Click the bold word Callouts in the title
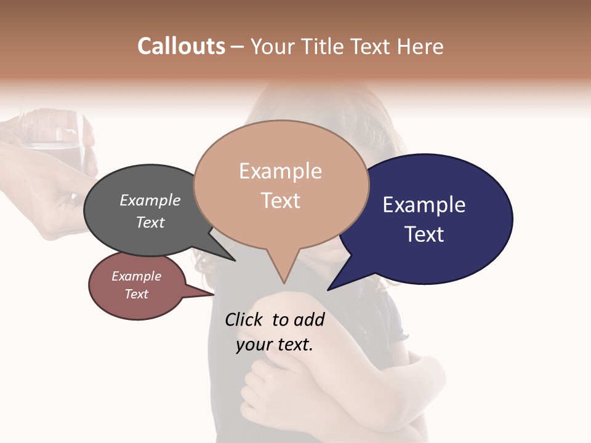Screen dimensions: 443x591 pyautogui.click(x=181, y=46)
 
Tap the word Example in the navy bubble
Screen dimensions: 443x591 pyautogui.click(x=424, y=204)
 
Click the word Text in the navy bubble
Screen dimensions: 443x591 pyautogui.click(x=424, y=234)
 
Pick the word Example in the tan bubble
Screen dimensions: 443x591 pyautogui.click(x=280, y=171)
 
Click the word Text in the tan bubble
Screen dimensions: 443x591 pyautogui.click(x=280, y=201)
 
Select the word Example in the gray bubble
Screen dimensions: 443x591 pyautogui.click(x=150, y=200)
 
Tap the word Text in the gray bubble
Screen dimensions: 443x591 pyautogui.click(x=150, y=222)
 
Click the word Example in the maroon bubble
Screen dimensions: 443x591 pyautogui.click(x=136, y=276)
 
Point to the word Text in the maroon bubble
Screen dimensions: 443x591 pyautogui.click(x=136, y=294)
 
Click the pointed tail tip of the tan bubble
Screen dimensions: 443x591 pyautogui.click(x=284, y=283)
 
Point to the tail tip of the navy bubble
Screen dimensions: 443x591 pyautogui.click(x=328, y=289)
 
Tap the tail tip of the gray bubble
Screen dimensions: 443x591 pyautogui.click(x=235, y=260)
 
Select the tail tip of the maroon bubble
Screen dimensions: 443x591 pyautogui.click(x=214, y=295)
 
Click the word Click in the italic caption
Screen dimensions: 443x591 pyautogui.click(x=246, y=319)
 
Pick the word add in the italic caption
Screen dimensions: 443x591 pyautogui.click(x=308, y=319)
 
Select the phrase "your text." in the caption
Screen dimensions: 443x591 pyautogui.click(x=275, y=345)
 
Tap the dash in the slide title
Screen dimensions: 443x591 pyautogui.click(x=238, y=47)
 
